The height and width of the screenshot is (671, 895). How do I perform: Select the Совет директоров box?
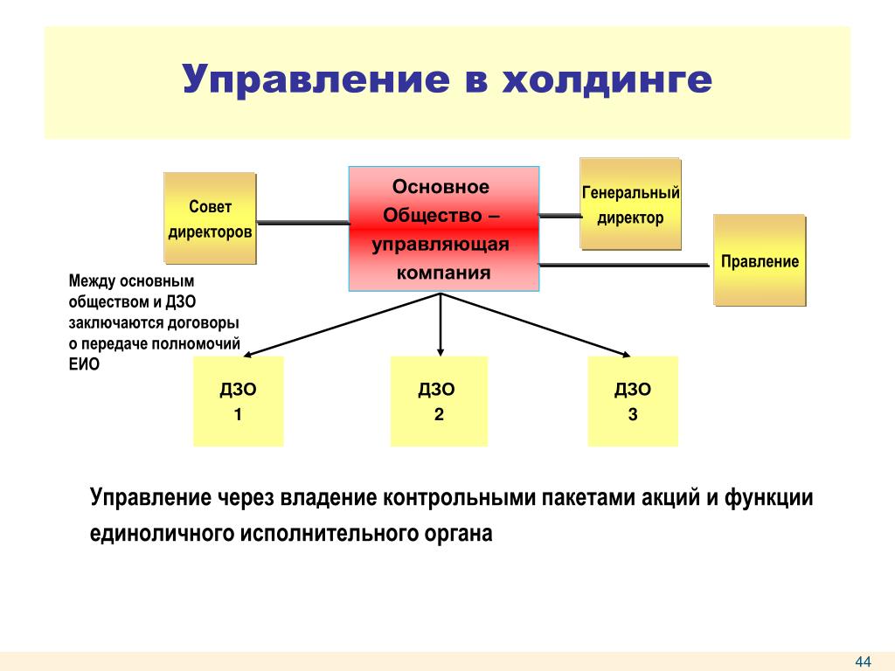210,218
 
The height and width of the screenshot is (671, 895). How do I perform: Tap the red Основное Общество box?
444,229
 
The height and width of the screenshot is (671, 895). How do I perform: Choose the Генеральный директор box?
631,204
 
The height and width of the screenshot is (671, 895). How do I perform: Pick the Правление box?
760,260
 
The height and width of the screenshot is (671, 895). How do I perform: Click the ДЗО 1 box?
238,401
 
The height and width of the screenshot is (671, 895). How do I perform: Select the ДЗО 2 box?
439,401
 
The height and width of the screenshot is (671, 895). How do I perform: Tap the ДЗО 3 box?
633,401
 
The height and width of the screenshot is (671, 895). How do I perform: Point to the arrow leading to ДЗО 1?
342,325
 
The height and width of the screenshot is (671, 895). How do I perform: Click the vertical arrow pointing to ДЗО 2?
441,325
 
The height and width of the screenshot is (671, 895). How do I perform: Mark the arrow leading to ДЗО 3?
536,325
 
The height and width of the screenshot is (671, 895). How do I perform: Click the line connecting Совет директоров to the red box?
302,223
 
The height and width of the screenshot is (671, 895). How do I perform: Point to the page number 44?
863,661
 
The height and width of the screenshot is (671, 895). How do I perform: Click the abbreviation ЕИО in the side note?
84,364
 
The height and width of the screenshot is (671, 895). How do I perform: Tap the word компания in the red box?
443,273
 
